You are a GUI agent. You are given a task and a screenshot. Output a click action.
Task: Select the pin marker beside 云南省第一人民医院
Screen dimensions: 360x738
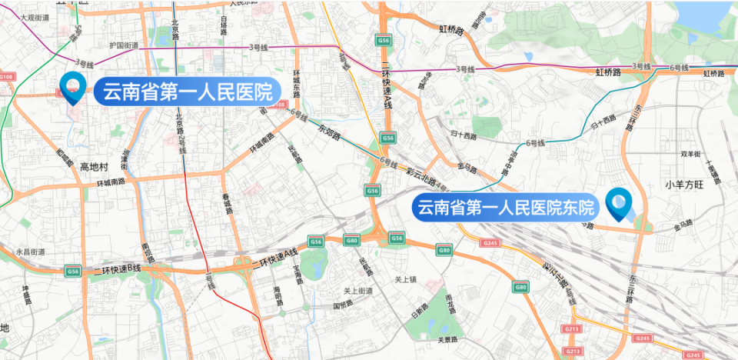(x=74, y=87)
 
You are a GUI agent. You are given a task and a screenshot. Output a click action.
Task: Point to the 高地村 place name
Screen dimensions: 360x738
(x=95, y=167)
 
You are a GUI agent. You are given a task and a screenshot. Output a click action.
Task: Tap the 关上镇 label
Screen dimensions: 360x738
(x=404, y=279)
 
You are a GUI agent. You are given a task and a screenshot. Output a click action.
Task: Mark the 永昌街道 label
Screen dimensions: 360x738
(x=36, y=252)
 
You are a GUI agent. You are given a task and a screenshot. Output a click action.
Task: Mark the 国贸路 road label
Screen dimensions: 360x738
(x=342, y=305)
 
